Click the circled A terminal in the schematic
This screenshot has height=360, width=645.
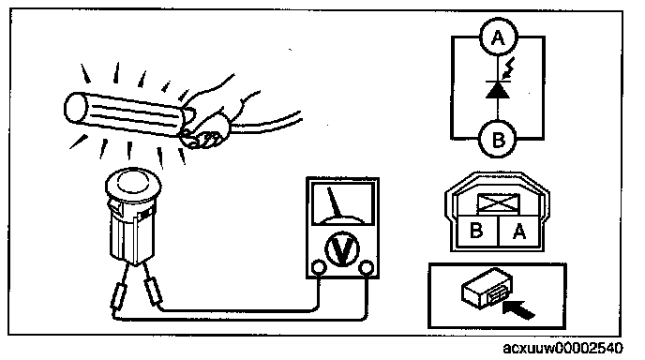pyautogui.click(x=498, y=37)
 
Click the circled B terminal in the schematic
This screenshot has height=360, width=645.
pyautogui.click(x=498, y=140)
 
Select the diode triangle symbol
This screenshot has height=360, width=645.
pyautogui.click(x=498, y=90)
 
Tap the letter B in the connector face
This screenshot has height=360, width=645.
pyautogui.click(x=476, y=231)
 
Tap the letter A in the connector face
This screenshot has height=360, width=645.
pyautogui.click(x=519, y=232)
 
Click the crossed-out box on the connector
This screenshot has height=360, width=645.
pyautogui.click(x=498, y=203)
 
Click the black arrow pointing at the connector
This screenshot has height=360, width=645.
pyautogui.click(x=518, y=309)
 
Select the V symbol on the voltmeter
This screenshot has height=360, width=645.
pyautogui.click(x=342, y=248)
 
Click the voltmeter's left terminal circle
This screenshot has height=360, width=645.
pyautogui.click(x=319, y=267)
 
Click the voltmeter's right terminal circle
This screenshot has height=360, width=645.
pyautogui.click(x=366, y=267)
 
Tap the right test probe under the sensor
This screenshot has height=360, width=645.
pyautogui.click(x=153, y=292)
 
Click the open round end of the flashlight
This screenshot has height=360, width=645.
pyautogui.click(x=76, y=108)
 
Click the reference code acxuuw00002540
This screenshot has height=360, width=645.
pyautogui.click(x=562, y=349)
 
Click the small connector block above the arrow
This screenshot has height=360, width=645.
pyautogui.click(x=487, y=288)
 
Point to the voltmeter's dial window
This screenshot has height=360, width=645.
pyautogui.click(x=343, y=204)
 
